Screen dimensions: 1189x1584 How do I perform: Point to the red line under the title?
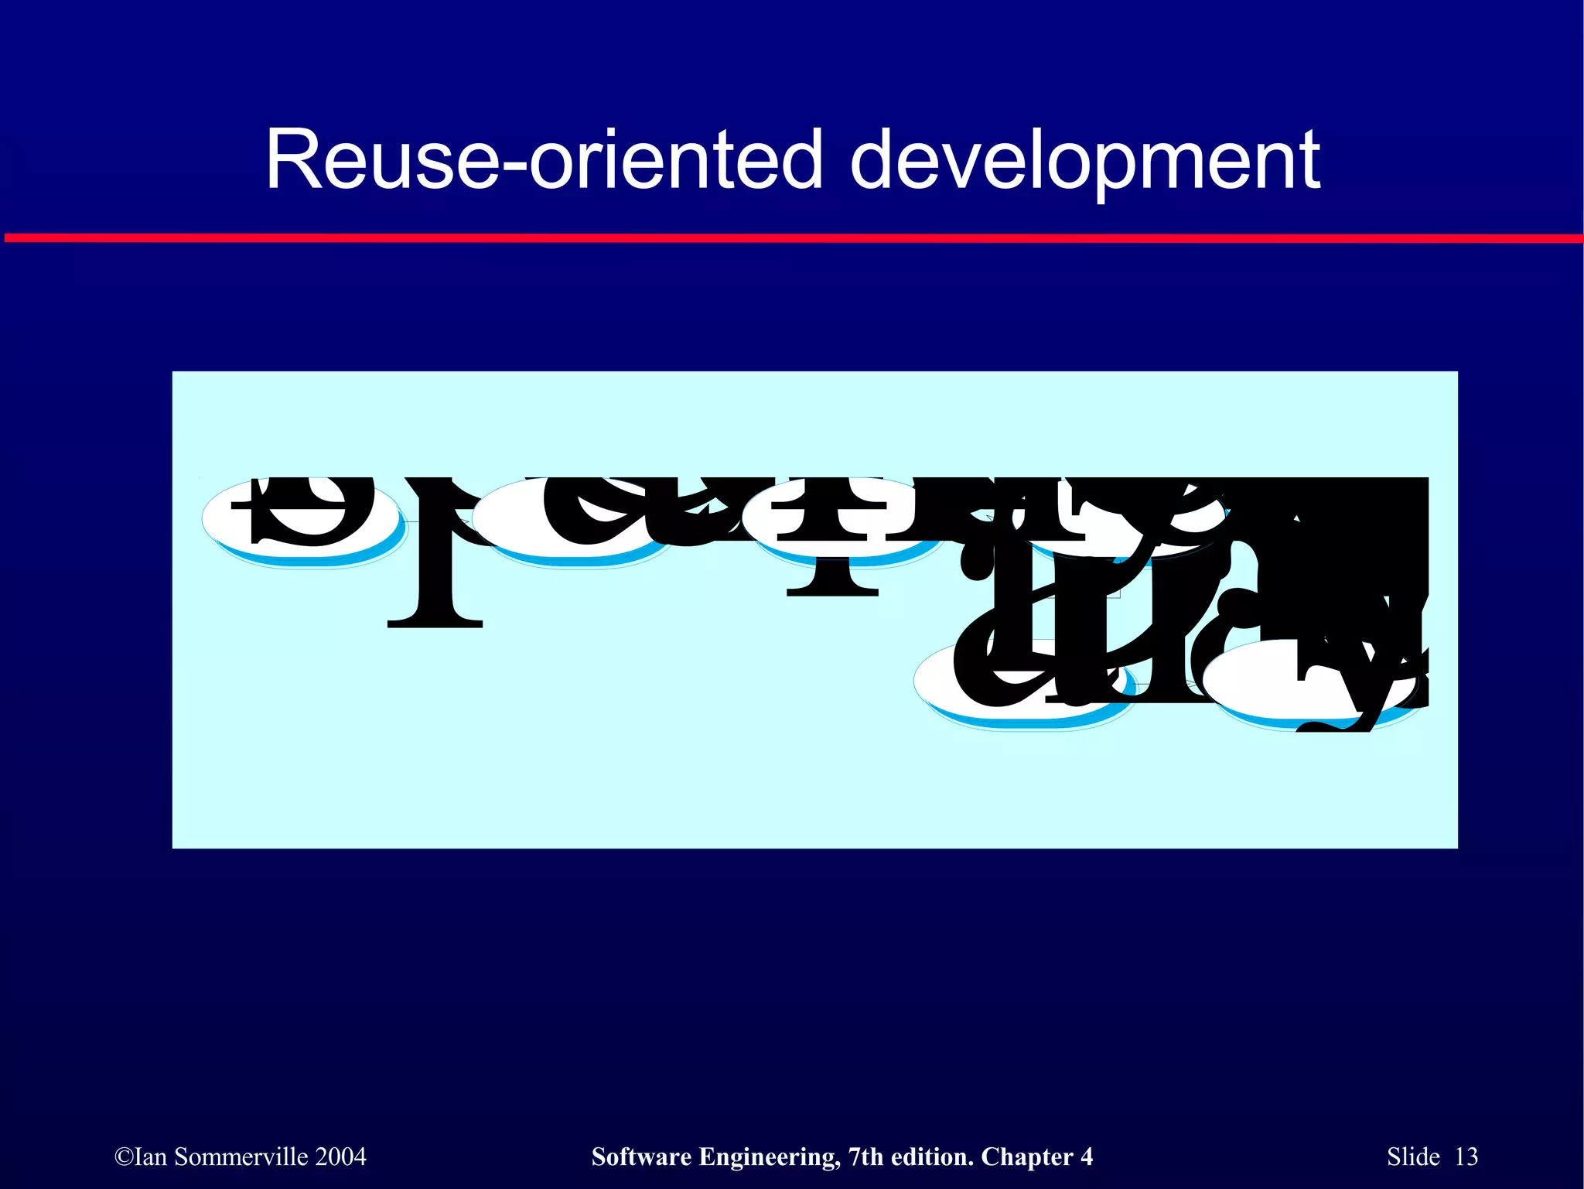[x=792, y=238]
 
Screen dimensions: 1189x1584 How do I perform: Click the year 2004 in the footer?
[x=341, y=1157]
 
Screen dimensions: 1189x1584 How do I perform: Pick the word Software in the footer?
[x=641, y=1157]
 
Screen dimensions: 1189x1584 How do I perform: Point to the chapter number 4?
[x=1087, y=1157]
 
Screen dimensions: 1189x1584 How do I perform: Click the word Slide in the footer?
[x=1413, y=1157]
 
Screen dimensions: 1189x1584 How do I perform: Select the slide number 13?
[x=1466, y=1157]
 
